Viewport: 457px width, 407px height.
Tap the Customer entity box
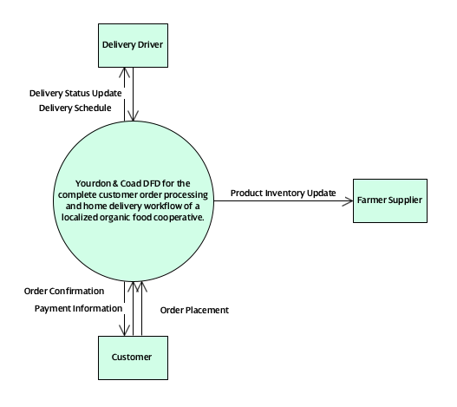[133, 357]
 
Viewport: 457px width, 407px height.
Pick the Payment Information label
[78, 307]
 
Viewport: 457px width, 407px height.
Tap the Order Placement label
[195, 309]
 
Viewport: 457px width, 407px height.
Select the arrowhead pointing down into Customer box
[127, 331]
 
